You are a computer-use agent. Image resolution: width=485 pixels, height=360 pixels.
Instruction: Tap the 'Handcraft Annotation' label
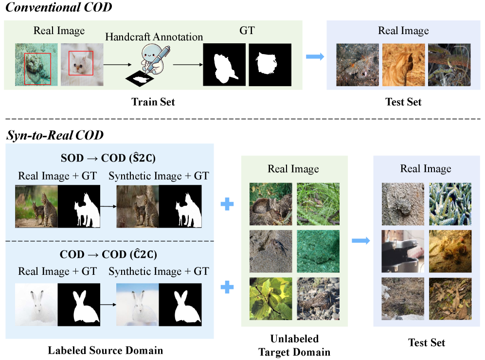tap(154, 36)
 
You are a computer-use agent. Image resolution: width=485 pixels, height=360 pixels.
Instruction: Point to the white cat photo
tap(80, 65)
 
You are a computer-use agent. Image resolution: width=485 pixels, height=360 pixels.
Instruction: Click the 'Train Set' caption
tap(153, 102)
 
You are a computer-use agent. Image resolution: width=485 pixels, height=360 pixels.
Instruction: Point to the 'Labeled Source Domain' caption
tap(105, 350)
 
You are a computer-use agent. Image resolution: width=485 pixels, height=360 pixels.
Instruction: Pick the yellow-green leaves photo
tap(270, 298)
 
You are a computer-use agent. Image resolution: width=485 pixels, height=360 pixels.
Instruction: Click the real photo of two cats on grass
tap(36, 207)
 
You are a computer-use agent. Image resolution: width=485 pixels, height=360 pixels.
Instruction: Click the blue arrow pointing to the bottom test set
tap(359, 240)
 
